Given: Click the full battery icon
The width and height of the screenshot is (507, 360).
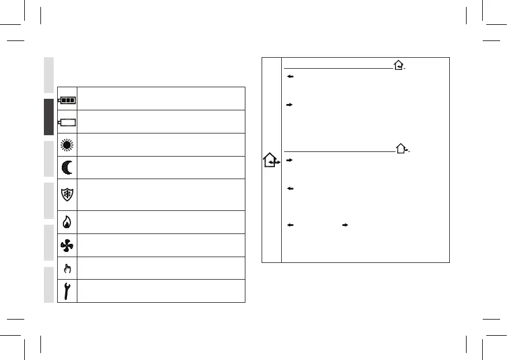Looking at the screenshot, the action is click(x=67, y=99).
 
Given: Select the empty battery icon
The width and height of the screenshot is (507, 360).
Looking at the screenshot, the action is click(x=67, y=122).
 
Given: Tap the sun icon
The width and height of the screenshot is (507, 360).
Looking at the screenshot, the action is click(x=67, y=144).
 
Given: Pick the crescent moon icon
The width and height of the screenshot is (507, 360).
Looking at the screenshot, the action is click(x=67, y=168).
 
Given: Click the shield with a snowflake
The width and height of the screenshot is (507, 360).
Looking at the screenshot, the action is click(x=67, y=194).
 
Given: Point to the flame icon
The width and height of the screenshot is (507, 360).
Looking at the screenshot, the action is click(x=67, y=222).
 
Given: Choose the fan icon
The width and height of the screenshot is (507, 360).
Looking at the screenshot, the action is click(x=67, y=246).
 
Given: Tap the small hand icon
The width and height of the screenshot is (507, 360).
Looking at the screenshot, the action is click(x=67, y=268).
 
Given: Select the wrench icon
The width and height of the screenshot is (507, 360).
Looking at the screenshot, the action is click(x=67, y=291).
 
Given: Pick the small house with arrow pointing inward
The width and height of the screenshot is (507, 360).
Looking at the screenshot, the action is click(x=399, y=67).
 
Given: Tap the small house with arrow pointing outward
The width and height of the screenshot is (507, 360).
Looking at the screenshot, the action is click(x=402, y=149).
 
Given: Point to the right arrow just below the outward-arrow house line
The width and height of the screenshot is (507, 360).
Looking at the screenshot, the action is click(x=289, y=159).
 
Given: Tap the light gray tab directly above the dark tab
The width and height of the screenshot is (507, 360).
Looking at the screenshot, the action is click(x=49, y=75).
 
